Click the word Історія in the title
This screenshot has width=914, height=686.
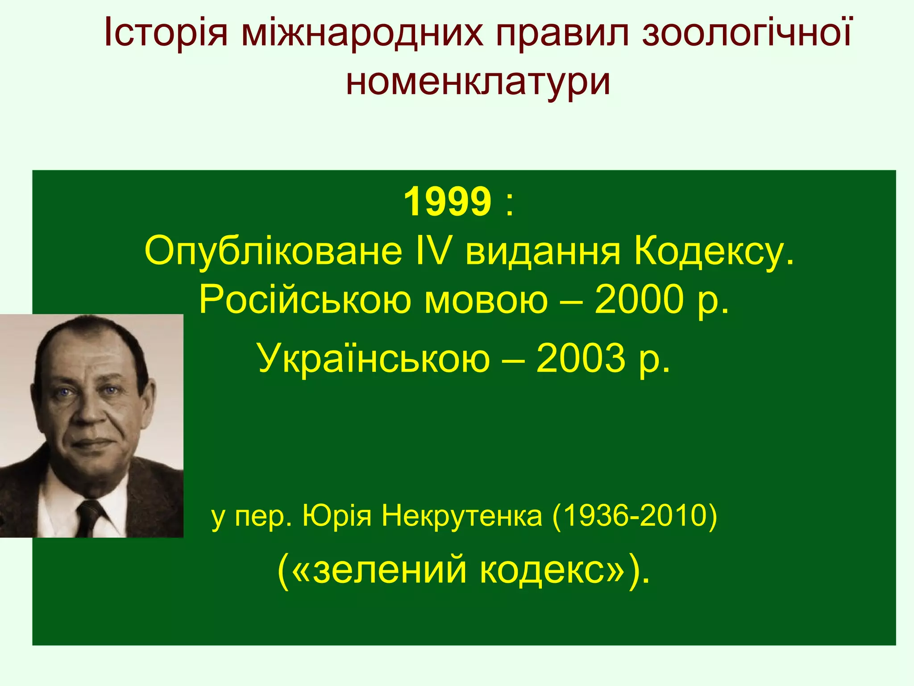(x=166, y=33)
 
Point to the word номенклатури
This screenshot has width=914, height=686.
(x=478, y=82)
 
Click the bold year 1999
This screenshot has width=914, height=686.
(x=447, y=202)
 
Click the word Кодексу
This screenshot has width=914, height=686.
(x=714, y=252)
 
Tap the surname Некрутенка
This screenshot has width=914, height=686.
(x=462, y=516)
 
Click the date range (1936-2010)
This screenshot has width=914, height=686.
(x=634, y=516)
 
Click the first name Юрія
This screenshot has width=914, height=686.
(x=337, y=516)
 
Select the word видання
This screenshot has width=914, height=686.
(x=543, y=252)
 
